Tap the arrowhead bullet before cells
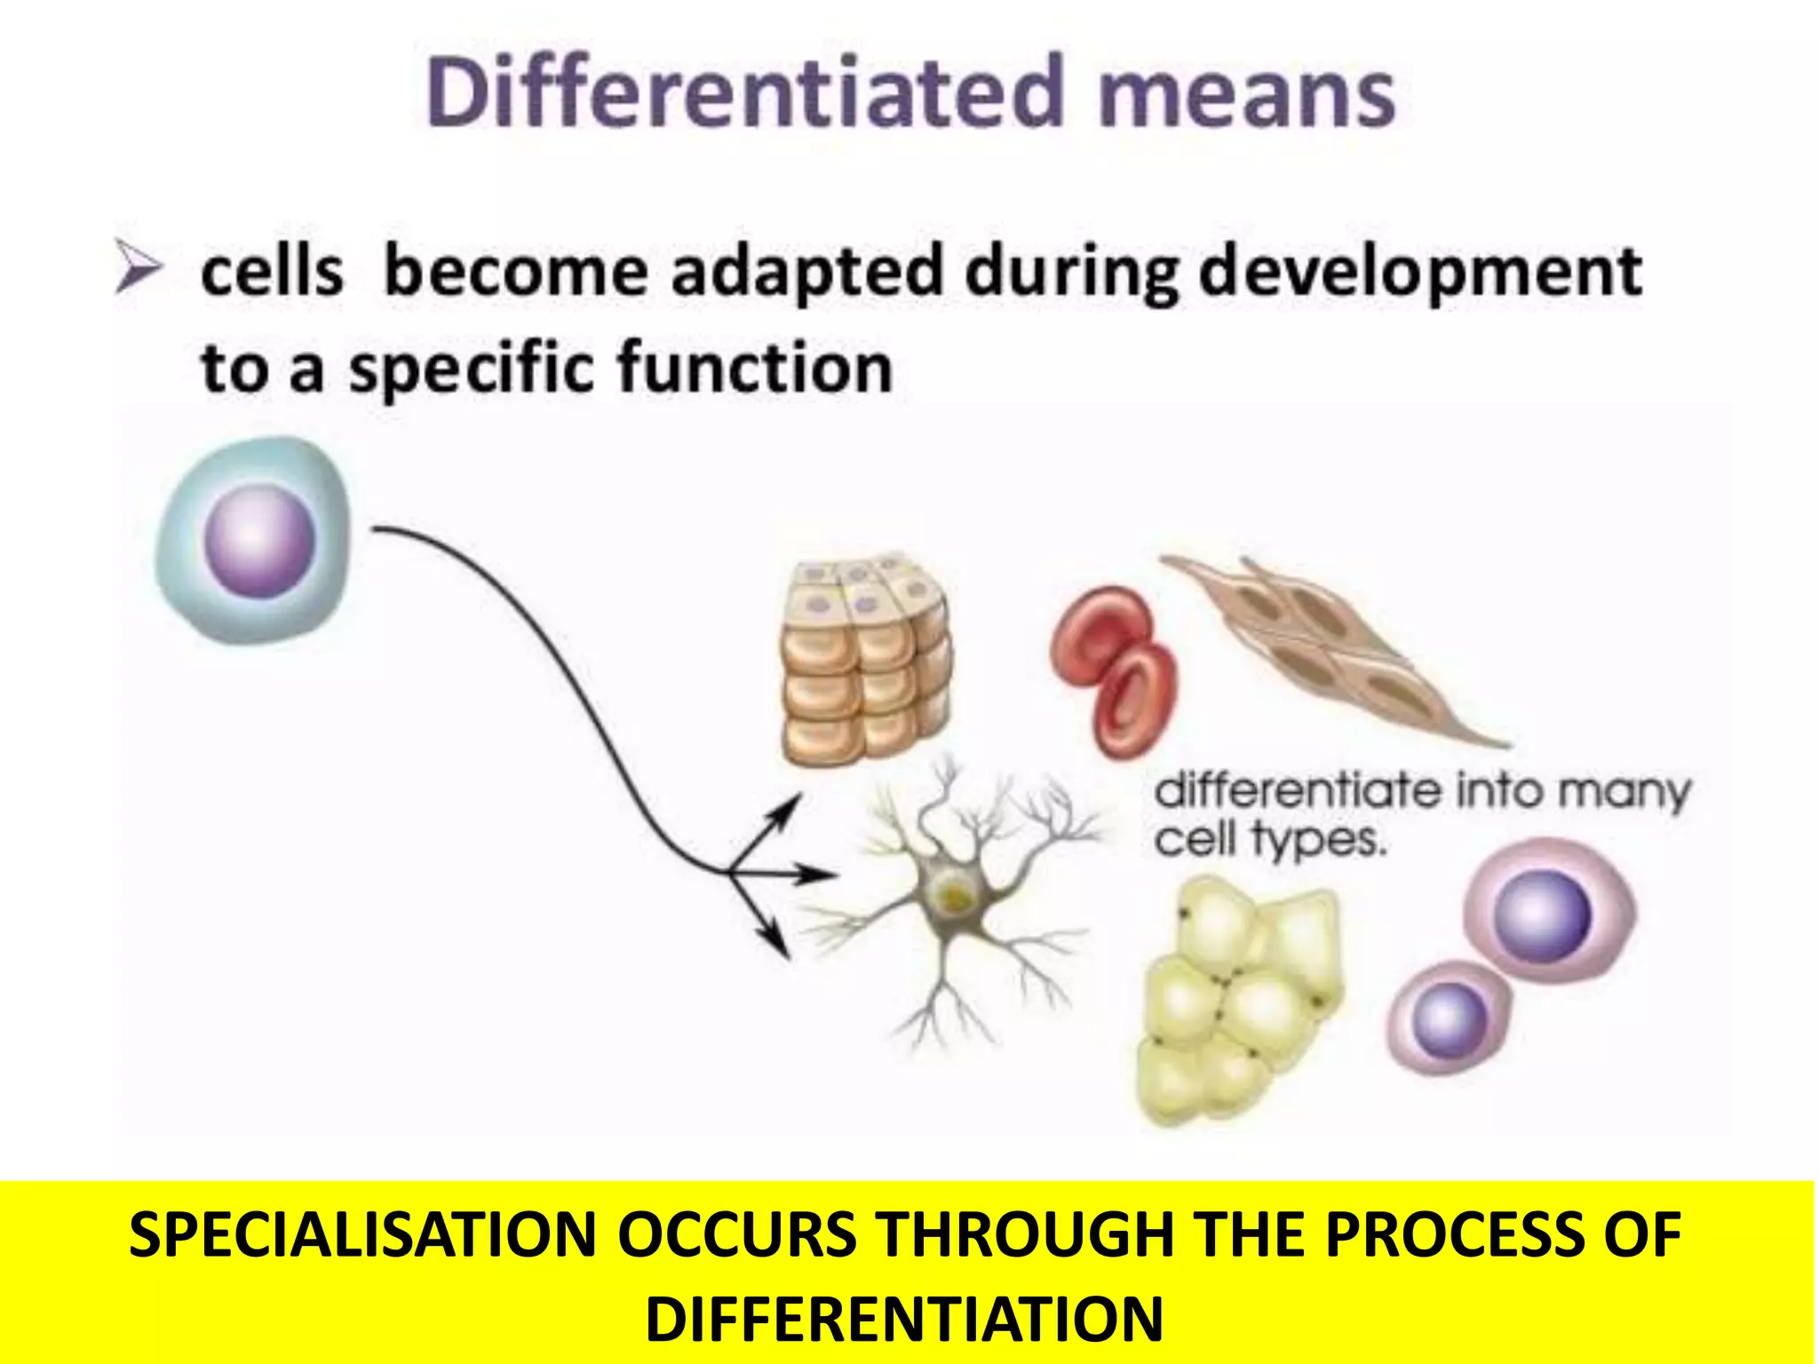point(139,270)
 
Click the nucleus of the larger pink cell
point(1542,915)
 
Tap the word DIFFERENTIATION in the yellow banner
point(903,1319)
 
